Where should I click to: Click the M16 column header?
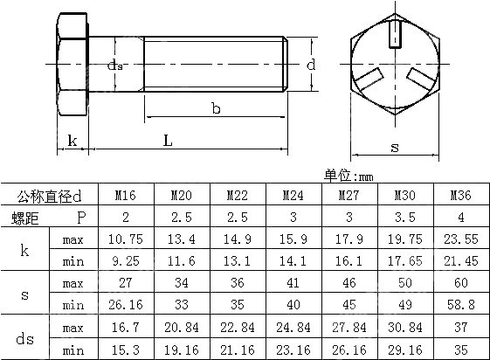tap(126, 196)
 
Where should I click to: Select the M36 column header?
tap(460, 196)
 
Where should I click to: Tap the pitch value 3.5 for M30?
tap(404, 217)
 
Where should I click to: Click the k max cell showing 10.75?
tap(126, 239)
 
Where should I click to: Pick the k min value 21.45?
tap(460, 260)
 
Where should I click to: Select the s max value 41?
tap(293, 283)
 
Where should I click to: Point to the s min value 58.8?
tap(460, 305)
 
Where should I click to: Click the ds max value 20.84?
tap(181, 327)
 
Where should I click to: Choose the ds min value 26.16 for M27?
tap(349, 349)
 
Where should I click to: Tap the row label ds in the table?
tap(24, 338)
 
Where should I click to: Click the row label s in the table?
tap(24, 294)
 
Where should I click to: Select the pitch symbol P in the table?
tap(81, 217)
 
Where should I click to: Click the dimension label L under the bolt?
tap(167, 140)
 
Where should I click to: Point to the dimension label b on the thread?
tap(216, 107)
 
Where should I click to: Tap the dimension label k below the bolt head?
tap(72, 140)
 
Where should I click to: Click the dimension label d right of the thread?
tap(311, 65)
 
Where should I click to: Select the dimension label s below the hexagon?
tap(394, 148)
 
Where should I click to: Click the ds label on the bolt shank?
tap(115, 66)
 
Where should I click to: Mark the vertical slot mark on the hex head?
tap(394, 35)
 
